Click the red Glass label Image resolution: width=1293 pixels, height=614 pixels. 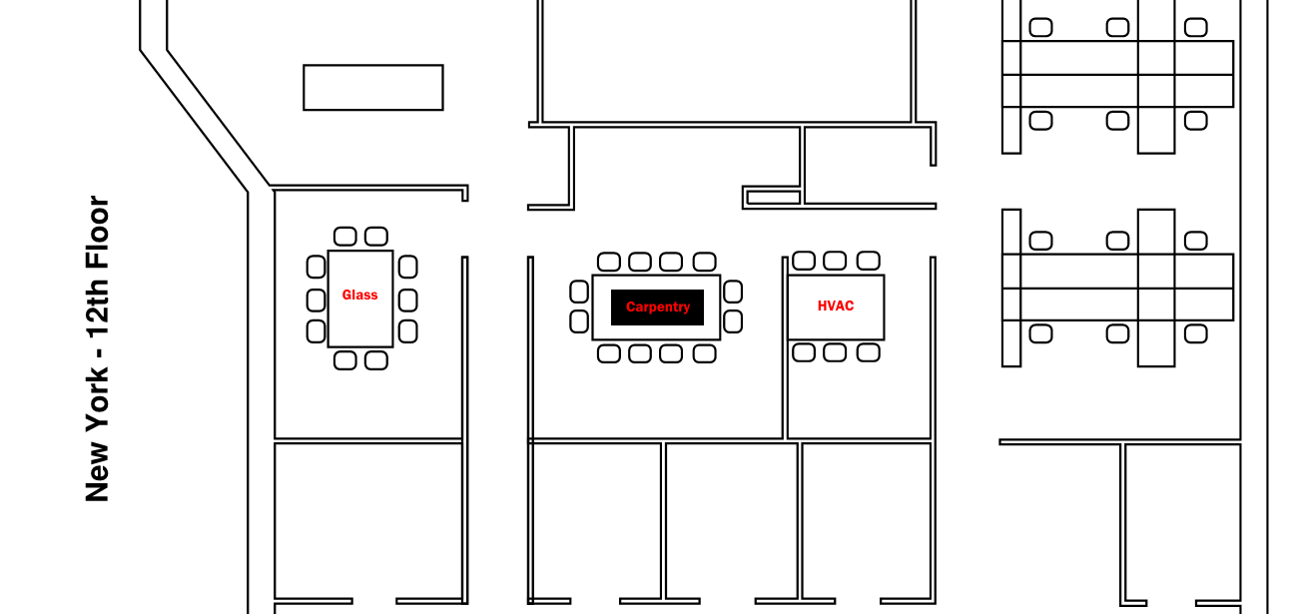(x=359, y=296)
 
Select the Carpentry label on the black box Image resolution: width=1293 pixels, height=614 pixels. (x=658, y=307)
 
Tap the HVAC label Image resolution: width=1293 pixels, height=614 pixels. (x=836, y=307)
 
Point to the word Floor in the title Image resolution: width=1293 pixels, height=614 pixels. (x=97, y=232)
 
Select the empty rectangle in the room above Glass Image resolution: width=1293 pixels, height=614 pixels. (x=372, y=88)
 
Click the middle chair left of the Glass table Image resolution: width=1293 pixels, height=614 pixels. (x=316, y=300)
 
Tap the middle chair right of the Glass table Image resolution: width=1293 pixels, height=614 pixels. (x=407, y=300)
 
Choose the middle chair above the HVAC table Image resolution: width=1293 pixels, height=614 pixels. (x=835, y=262)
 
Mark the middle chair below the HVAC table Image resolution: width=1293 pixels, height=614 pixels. (x=835, y=352)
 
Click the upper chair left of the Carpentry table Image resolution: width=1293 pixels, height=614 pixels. (x=579, y=292)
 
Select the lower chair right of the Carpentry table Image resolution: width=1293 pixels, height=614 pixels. (x=733, y=321)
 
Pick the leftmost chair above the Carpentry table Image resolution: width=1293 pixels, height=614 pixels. (x=608, y=262)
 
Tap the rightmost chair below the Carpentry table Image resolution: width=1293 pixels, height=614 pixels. (x=705, y=353)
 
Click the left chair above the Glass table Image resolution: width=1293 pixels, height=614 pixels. (x=344, y=237)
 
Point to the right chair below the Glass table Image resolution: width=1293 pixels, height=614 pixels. (x=375, y=360)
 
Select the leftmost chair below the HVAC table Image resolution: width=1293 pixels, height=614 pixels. (x=803, y=352)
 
